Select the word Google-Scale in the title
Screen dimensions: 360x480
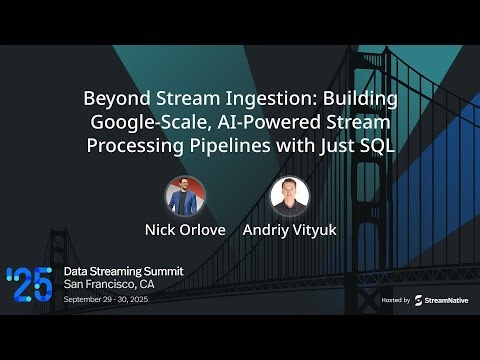[x=141, y=122]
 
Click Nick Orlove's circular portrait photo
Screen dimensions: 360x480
[x=185, y=196]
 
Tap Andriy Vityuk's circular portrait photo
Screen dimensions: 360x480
[x=290, y=196]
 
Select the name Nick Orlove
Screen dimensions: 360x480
[x=185, y=229]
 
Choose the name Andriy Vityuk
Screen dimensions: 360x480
[x=290, y=229]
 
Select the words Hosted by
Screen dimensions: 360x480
[x=396, y=299]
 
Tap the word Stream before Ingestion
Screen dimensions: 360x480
[x=199, y=100]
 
